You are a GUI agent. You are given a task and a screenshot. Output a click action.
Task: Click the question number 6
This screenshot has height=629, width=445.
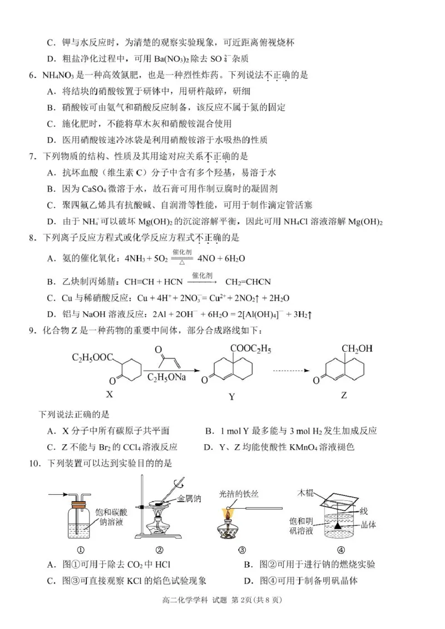pyautogui.click(x=32, y=74)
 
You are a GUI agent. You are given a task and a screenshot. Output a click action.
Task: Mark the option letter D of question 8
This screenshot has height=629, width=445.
pyautogui.click(x=51, y=314)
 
